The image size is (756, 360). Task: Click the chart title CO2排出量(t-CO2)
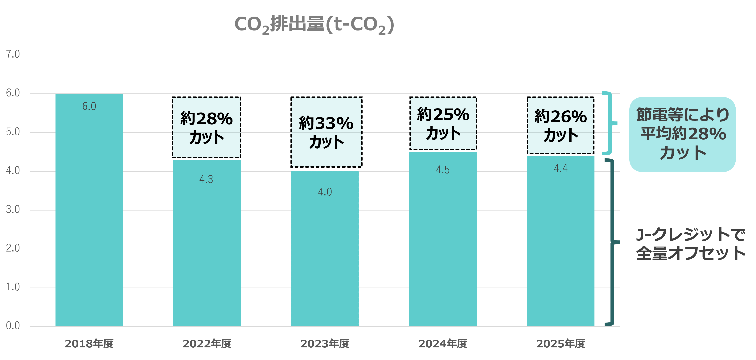click(x=314, y=25)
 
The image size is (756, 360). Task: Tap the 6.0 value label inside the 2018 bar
click(x=89, y=106)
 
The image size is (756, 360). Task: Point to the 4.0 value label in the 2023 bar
click(x=325, y=192)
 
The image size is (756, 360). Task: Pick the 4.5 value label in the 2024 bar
click(x=443, y=170)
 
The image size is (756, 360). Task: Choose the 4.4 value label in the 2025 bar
click(x=561, y=168)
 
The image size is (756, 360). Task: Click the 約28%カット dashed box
click(x=206, y=127)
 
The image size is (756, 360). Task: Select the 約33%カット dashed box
click(x=326, y=132)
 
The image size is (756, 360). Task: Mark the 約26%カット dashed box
click(x=561, y=125)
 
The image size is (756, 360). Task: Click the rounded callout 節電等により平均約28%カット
click(x=682, y=134)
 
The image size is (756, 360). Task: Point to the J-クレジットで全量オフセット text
click(x=690, y=244)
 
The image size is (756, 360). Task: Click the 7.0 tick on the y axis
click(x=13, y=54)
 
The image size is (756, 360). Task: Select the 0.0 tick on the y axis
click(x=13, y=326)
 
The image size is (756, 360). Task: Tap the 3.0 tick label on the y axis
click(x=13, y=210)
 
